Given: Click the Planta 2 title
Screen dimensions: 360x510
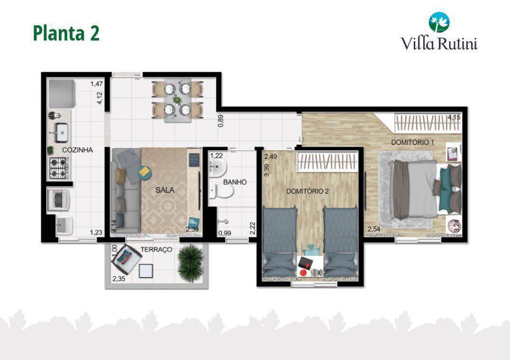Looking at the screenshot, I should (x=66, y=33).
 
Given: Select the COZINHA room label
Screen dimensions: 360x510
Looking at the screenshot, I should (x=77, y=150).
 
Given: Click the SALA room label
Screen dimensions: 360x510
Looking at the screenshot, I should (x=164, y=190).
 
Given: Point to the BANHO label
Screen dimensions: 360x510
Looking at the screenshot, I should (x=235, y=181).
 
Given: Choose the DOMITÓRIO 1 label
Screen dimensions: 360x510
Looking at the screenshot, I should (x=412, y=142).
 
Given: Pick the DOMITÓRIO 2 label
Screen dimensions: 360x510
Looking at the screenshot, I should (x=307, y=191).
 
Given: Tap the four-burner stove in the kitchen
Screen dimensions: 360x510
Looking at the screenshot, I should (x=58, y=168).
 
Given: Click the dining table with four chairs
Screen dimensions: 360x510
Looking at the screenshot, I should (x=178, y=100).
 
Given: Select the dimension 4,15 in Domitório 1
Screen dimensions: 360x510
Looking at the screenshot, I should (x=454, y=117).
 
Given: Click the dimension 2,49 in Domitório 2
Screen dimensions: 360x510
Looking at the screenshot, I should (x=271, y=156).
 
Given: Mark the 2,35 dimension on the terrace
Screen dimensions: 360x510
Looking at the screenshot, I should (x=118, y=279).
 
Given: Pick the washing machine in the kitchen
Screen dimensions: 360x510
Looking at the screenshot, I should (x=59, y=199).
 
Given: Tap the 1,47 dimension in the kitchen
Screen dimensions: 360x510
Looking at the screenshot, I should (x=97, y=84).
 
